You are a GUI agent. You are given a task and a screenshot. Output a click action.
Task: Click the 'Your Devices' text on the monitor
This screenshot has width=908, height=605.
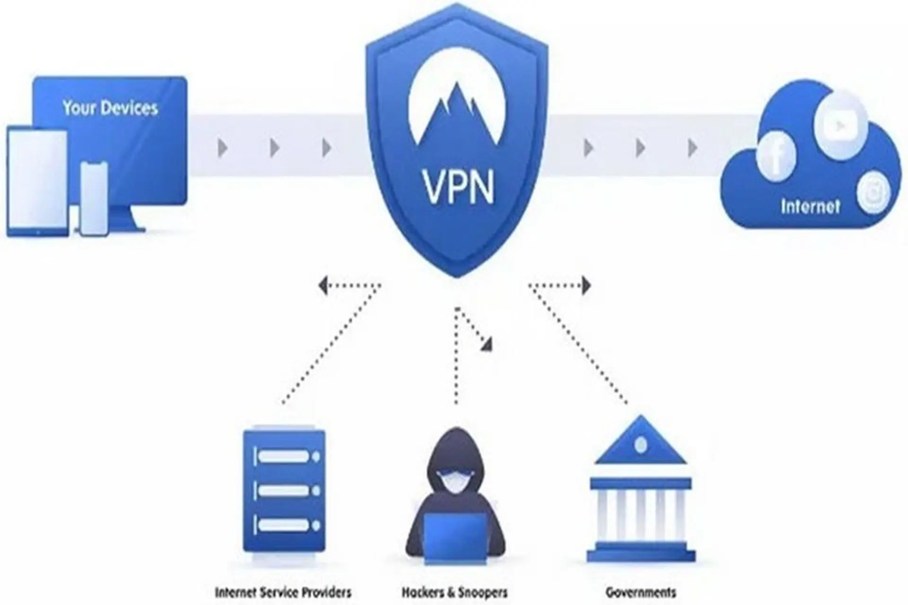coord(110,108)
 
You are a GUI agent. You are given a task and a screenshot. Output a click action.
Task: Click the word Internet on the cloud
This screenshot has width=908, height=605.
coord(810,207)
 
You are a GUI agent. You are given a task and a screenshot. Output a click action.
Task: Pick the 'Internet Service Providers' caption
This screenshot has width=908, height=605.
coord(283,592)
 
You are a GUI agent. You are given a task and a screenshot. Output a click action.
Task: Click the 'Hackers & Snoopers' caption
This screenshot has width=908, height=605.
coord(454,592)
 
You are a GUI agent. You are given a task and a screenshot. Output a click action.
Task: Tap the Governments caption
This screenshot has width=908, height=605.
coord(641,592)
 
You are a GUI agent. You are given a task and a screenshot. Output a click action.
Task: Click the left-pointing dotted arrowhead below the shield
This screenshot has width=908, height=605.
coord(323,285)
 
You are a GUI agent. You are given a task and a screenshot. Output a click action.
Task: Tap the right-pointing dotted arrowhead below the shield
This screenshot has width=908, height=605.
coord(586,285)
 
